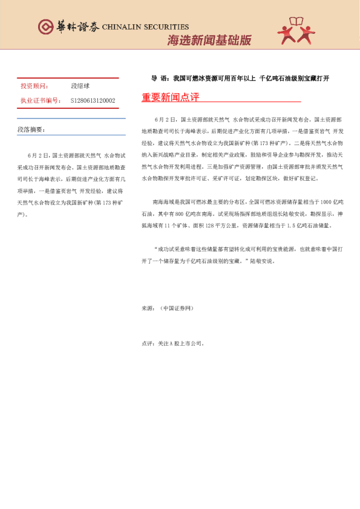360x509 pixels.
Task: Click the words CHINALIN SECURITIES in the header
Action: (145, 27)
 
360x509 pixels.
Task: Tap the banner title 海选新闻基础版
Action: (209, 41)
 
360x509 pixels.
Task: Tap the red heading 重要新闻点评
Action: (170, 97)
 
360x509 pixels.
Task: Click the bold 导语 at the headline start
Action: (159, 79)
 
